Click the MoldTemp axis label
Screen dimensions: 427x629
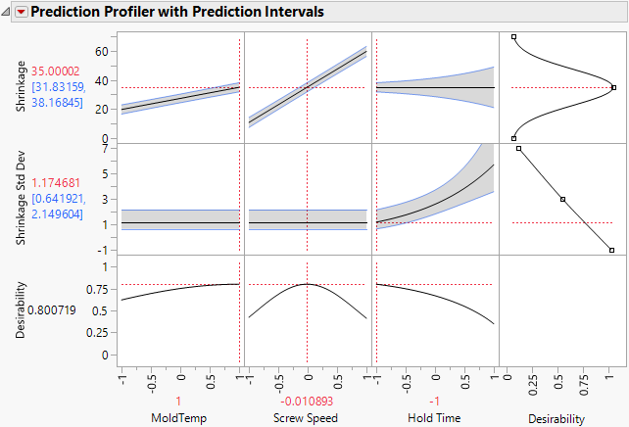(x=179, y=418)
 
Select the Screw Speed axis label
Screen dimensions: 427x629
(x=308, y=418)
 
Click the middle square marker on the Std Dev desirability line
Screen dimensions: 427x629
(x=562, y=199)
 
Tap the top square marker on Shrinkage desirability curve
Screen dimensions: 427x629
(x=513, y=37)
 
